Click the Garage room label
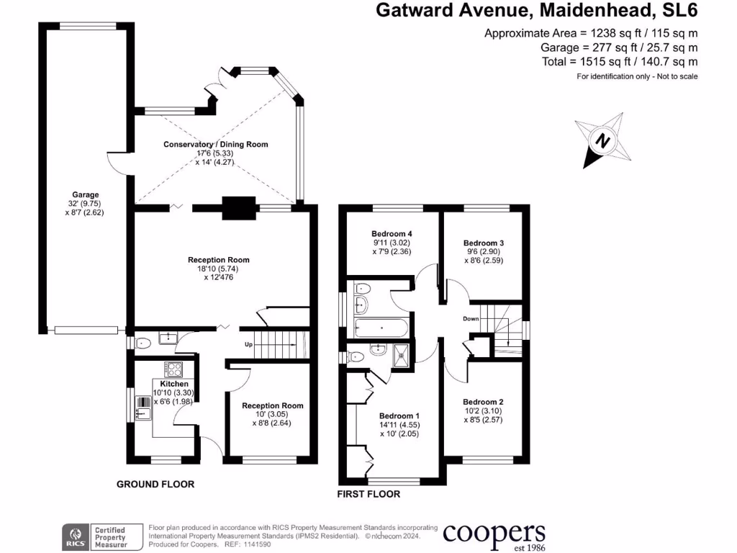pos(85,194)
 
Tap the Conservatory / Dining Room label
pos(216,144)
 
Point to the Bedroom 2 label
pos(482,402)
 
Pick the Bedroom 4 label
pos(392,234)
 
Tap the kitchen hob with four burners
pos(174,369)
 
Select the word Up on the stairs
pos(248,343)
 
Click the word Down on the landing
pos(471,318)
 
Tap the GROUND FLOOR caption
pos(155,485)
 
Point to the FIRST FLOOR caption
pos(368,495)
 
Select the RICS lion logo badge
pos(73,536)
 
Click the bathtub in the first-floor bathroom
pos(381,329)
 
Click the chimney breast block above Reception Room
pos(238,208)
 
